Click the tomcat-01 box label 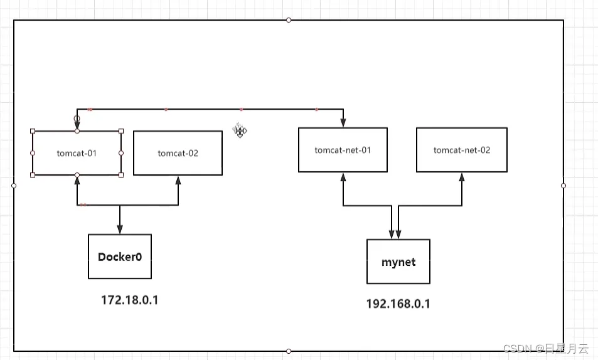77,153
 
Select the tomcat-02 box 178,153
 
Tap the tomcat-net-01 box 343,150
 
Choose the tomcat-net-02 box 461,150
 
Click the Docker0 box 119,257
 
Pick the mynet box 398,262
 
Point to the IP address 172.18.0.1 129,300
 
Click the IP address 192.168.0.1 398,304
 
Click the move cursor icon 240,130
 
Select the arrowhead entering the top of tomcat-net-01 343,123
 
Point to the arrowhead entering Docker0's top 119,230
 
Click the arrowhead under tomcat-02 178,180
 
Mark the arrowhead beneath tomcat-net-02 462,177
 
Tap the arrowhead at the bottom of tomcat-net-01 343,177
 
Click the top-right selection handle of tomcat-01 121,131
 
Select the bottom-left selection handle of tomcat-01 33,175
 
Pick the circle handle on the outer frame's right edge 563,186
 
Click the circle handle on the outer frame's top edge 289,20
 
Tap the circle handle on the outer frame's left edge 14,186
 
